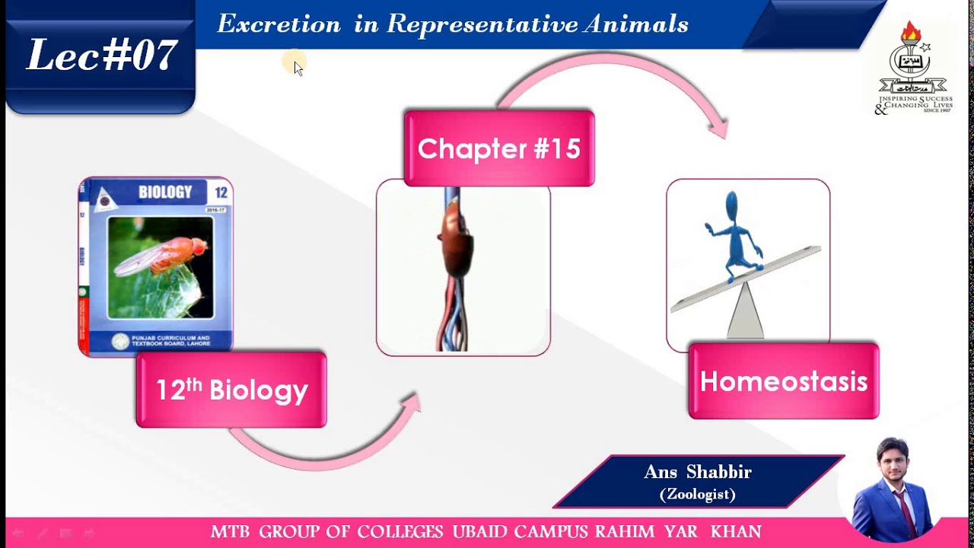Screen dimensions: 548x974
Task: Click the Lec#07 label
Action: [x=101, y=56]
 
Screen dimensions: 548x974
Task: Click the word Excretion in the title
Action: [x=279, y=24]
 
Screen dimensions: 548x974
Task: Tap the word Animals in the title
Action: [x=636, y=24]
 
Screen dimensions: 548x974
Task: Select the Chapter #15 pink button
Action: [x=498, y=148]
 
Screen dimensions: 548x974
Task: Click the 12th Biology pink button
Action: [x=231, y=390]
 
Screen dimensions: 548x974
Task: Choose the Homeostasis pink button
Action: [x=783, y=381]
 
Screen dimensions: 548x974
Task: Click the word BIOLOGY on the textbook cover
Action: [x=165, y=193]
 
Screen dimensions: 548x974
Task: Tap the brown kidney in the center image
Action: [x=455, y=247]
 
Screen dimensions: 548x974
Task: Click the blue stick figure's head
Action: [x=732, y=207]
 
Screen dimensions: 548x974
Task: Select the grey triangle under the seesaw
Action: [x=745, y=312]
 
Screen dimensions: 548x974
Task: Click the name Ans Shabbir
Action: [x=697, y=472]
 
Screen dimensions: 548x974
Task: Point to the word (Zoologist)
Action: [x=697, y=495]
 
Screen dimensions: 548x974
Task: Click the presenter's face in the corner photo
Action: [x=892, y=460]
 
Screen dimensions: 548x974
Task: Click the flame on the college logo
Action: [x=910, y=33]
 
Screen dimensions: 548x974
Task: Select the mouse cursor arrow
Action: [x=298, y=68]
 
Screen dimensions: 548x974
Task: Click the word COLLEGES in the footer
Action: [x=400, y=531]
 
